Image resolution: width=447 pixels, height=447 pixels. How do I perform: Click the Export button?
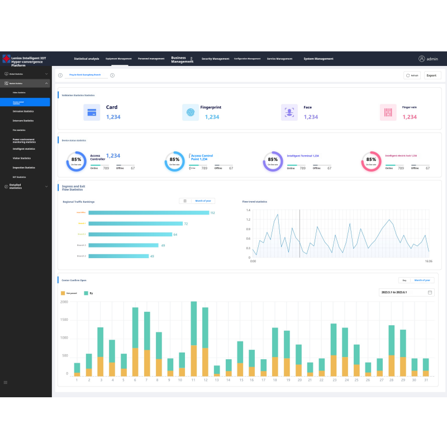(x=432, y=75)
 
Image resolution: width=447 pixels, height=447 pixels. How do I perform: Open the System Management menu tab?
(x=318, y=59)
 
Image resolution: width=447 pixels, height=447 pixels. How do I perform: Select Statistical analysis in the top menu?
(x=87, y=59)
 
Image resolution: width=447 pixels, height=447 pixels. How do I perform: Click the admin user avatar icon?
(x=422, y=59)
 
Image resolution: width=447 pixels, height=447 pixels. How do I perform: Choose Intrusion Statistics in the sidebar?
(x=23, y=111)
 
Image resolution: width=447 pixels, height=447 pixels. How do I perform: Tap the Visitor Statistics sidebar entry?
(x=22, y=158)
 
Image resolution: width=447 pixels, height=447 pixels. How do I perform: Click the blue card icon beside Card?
(x=92, y=112)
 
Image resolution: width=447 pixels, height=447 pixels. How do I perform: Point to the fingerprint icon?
(x=191, y=112)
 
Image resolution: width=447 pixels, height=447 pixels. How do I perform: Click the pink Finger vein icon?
(x=388, y=112)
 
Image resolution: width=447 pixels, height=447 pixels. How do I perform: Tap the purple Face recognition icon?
(x=289, y=112)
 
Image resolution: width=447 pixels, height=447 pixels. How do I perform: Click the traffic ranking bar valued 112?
(x=149, y=212)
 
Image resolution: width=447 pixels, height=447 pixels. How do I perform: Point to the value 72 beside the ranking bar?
(x=186, y=223)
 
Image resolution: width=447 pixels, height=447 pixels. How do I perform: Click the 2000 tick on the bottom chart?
(x=64, y=302)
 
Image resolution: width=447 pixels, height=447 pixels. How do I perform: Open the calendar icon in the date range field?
(x=430, y=292)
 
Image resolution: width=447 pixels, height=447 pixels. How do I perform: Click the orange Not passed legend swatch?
(x=63, y=293)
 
